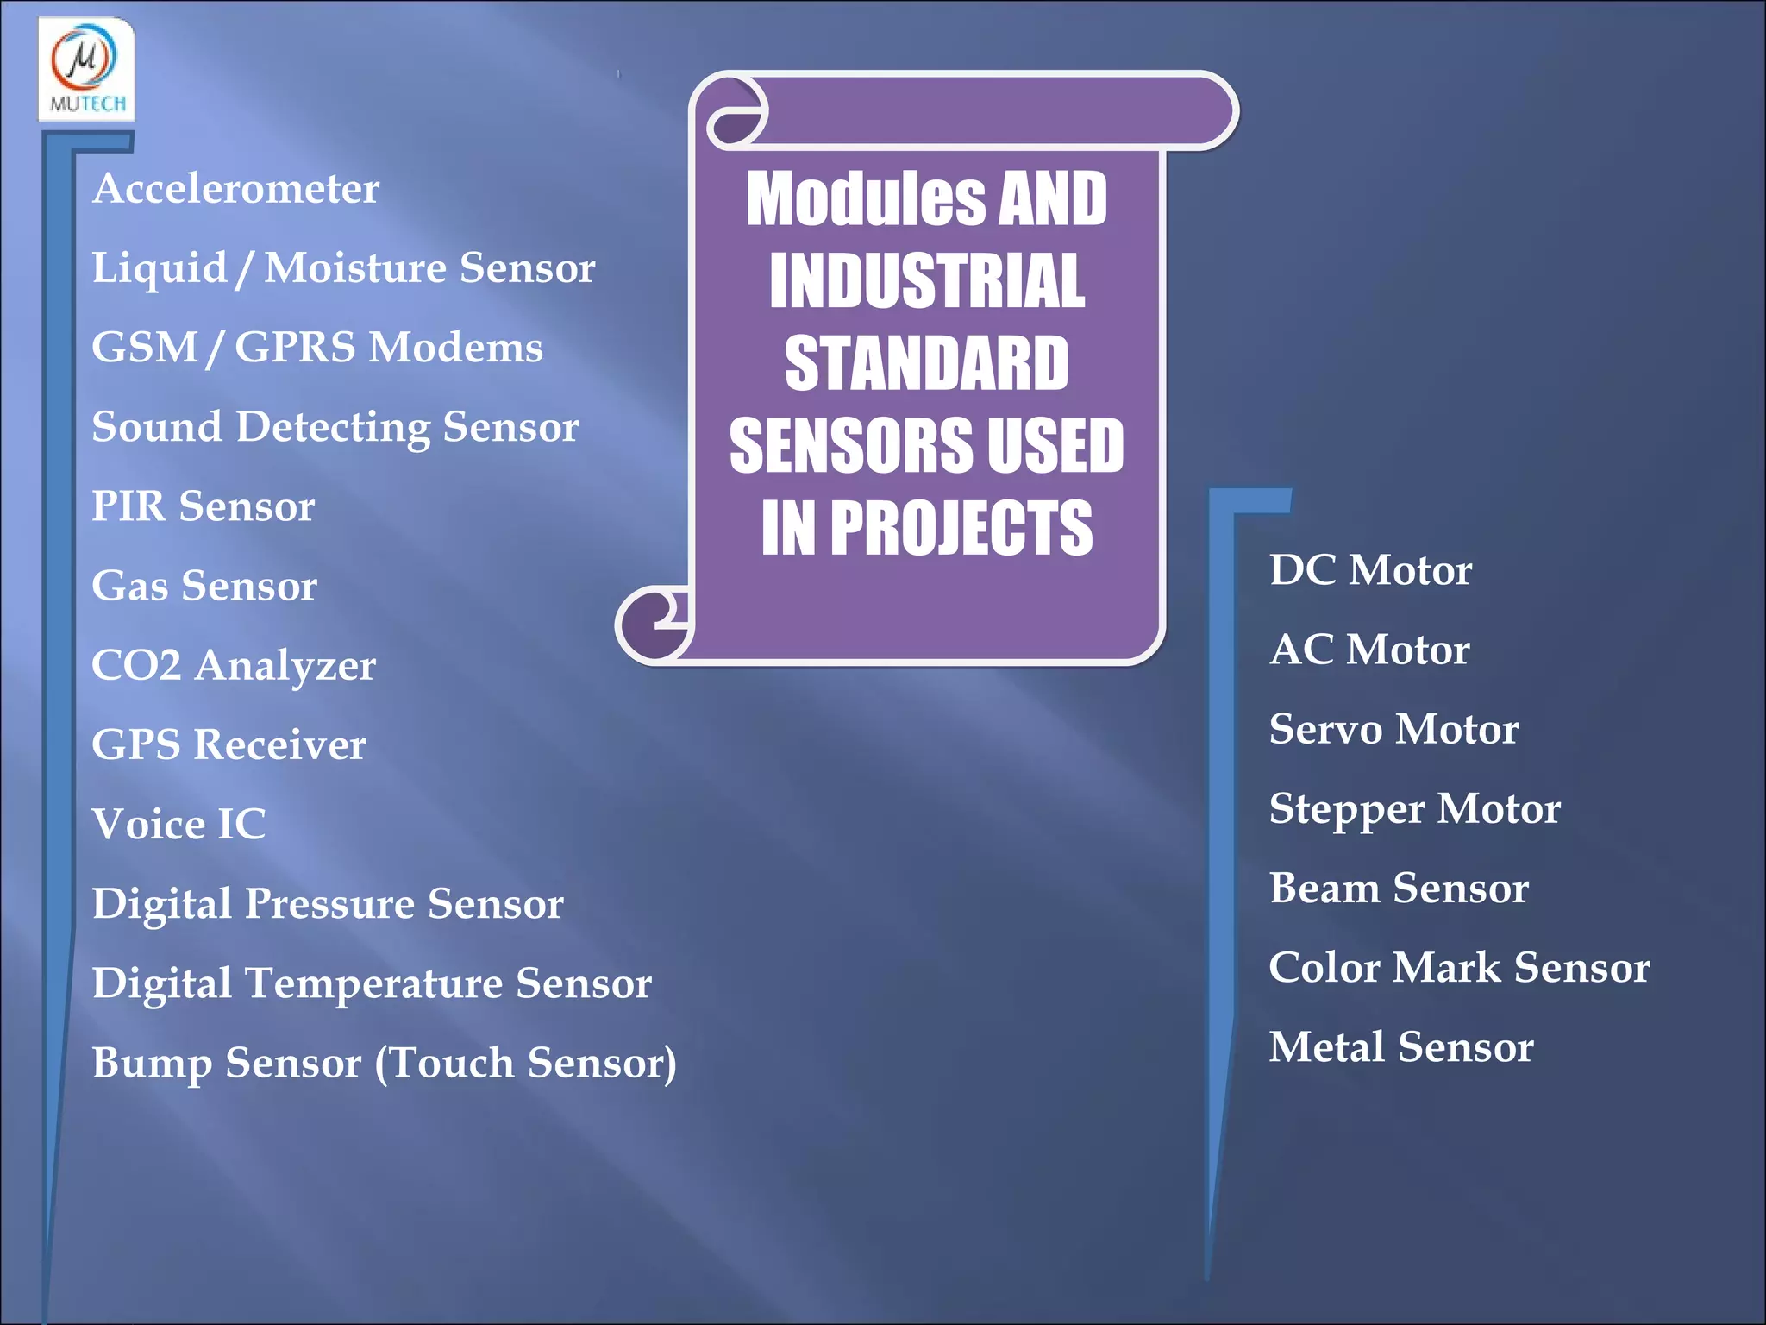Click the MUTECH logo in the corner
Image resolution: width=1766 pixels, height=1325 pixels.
click(86, 69)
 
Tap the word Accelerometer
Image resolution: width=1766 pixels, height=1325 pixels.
click(235, 188)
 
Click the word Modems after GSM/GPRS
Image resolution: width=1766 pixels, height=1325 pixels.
click(455, 347)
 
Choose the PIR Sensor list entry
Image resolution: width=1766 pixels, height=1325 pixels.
click(203, 506)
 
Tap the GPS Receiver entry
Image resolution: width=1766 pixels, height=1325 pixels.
click(229, 744)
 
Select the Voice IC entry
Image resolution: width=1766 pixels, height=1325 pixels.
click(178, 824)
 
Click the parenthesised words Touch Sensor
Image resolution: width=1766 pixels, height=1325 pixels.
click(525, 1063)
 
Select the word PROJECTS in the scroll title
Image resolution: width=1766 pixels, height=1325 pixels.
click(961, 528)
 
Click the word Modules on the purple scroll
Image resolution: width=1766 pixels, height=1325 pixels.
click(866, 199)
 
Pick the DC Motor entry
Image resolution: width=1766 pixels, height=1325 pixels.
click(1370, 570)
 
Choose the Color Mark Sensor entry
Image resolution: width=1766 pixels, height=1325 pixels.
click(1459, 967)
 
